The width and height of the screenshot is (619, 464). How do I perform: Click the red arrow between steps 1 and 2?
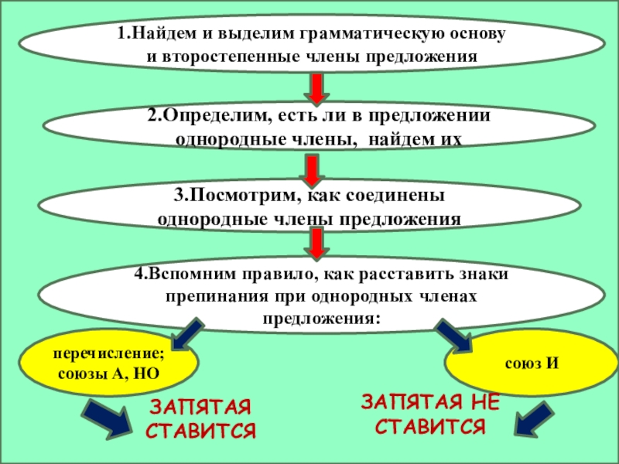(316, 88)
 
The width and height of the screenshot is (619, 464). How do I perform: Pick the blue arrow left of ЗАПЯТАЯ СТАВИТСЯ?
(108, 421)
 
